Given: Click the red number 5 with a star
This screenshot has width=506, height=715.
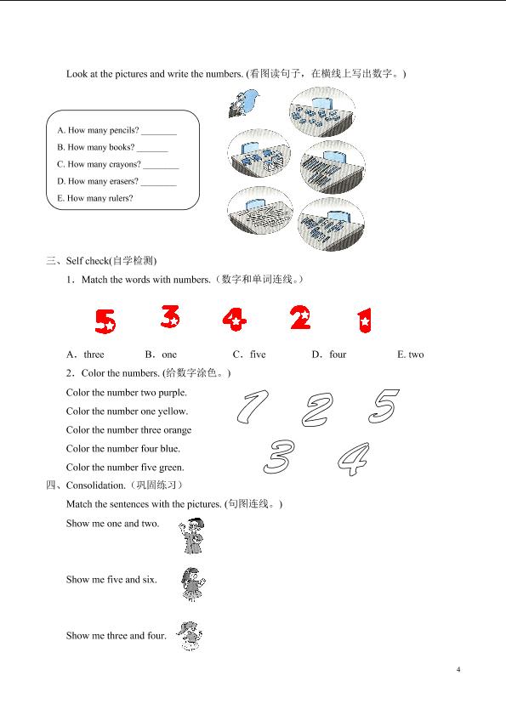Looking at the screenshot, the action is click(x=105, y=321).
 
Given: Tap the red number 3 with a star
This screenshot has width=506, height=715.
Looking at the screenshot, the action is click(x=171, y=316).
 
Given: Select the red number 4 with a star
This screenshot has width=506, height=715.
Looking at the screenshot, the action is click(x=235, y=319).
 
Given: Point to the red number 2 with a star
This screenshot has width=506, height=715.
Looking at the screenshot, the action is click(x=301, y=318).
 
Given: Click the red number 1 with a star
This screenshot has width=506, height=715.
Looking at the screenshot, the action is click(x=365, y=321).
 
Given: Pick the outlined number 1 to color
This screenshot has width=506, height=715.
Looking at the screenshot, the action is click(x=253, y=406).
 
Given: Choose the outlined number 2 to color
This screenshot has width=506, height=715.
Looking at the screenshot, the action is click(x=317, y=410).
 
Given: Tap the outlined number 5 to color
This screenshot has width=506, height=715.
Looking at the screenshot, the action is click(x=384, y=406).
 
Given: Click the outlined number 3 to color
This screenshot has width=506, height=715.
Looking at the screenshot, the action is click(x=279, y=457).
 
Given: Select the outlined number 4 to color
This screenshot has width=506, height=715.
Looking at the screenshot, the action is click(x=354, y=459).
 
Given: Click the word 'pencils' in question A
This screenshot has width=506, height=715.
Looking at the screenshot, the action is click(x=124, y=130).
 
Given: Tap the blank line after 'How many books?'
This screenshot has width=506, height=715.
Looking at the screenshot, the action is click(x=152, y=151).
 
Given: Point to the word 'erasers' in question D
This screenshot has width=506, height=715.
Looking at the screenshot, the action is click(x=123, y=181).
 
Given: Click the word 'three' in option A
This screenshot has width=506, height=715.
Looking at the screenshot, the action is click(x=94, y=355).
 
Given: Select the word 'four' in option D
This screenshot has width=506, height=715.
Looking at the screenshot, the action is click(x=338, y=355).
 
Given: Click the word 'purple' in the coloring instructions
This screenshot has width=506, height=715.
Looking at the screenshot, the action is click(x=172, y=393).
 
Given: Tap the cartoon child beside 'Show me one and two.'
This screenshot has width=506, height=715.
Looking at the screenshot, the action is click(x=191, y=536).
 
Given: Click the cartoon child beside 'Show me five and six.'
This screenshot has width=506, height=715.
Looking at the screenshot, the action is click(x=192, y=584).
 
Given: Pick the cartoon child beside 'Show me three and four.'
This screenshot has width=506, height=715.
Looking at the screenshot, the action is click(x=190, y=636).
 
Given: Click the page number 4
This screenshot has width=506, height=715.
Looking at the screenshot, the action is click(x=458, y=669).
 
